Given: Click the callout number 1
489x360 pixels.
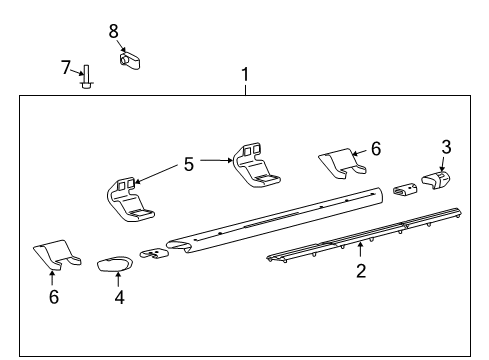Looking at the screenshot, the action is point(245,74).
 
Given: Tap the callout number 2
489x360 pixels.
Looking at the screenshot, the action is point(361,271).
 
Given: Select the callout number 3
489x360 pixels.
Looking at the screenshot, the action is point(446,147).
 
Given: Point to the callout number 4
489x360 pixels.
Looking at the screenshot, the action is point(119,297).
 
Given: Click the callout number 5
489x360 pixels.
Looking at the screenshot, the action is point(189,164).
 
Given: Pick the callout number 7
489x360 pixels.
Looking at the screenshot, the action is point(66,68).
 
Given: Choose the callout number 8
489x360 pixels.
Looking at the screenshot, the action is point(113,31).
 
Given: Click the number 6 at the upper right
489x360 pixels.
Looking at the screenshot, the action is point(376,149).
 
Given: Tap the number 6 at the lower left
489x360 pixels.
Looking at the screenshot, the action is point(54,297).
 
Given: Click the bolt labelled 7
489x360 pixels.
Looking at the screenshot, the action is point(86,77).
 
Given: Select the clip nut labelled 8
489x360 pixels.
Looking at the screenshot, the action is point(130,60).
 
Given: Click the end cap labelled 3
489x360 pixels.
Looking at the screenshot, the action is point(436,181).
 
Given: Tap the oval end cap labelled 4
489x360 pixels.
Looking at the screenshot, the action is point(115,264).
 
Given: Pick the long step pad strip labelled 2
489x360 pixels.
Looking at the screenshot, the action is point(364,235).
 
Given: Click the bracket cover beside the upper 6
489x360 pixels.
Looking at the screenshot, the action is point(342,163).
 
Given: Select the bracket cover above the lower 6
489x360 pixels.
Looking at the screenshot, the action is point(57,254).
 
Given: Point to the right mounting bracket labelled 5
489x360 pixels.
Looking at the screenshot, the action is point(256,165).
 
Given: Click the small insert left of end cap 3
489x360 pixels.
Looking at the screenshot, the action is point(405,190).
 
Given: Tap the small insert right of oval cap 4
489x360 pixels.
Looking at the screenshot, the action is point(154,254).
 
